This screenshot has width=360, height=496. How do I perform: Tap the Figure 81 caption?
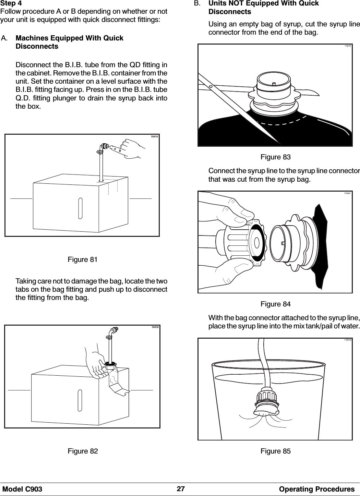coord(83,259)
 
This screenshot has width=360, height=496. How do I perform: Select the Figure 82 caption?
coord(83,451)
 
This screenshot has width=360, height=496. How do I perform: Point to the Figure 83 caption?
coord(275,157)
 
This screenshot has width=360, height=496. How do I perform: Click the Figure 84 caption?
coord(275,304)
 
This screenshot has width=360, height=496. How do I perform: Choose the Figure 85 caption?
coord(275,451)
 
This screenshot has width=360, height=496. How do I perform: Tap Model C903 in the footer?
coord(23,489)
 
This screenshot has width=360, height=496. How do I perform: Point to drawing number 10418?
coord(155,328)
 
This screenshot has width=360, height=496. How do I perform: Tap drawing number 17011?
coord(347,46)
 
